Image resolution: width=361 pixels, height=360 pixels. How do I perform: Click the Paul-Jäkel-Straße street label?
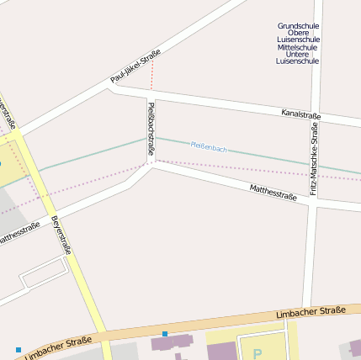pos(135,66)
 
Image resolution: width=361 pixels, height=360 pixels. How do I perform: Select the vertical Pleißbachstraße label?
pos(151,129)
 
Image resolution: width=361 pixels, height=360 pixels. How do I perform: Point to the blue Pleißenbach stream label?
pos(209,148)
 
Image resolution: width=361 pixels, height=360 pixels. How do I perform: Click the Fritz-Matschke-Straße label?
pos(314,159)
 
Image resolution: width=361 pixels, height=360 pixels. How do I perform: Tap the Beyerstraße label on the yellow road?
pos(61,235)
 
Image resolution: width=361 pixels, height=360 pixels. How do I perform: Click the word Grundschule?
pos(298,26)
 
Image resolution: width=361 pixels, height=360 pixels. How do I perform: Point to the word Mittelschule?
pos(298,47)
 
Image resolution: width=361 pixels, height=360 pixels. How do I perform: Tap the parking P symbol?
pos(257,353)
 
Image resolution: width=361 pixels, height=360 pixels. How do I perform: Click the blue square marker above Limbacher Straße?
pos(165,334)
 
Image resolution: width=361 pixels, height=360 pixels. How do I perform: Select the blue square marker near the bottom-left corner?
pos(18,349)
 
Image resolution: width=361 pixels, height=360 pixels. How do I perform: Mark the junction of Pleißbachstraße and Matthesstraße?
pos(151,164)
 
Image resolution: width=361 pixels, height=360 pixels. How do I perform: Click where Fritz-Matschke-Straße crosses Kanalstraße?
pos(316,116)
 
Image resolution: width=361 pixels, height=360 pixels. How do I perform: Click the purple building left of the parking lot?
pos(172,343)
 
